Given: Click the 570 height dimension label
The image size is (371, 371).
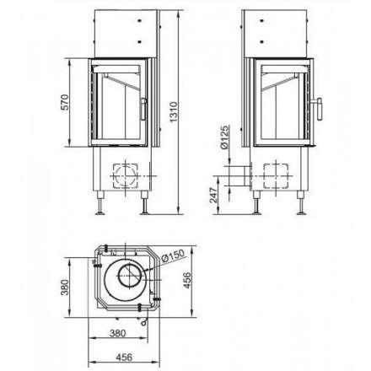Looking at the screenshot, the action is point(65,102).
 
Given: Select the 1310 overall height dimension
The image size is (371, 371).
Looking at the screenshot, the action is point(174,111).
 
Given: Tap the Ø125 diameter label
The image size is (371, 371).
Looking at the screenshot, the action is point(225,137).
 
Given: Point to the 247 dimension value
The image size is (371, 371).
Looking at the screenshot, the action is point(213,195).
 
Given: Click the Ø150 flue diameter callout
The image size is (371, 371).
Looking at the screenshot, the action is point(174,255).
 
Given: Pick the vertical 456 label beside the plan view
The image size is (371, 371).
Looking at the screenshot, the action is point(186,280).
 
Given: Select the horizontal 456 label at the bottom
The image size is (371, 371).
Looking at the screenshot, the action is point(124,358).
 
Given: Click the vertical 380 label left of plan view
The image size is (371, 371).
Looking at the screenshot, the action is point(65,288).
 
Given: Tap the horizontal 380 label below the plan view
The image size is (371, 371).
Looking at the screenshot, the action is point(118,333).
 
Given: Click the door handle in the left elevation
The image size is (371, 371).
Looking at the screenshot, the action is point(143,109).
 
